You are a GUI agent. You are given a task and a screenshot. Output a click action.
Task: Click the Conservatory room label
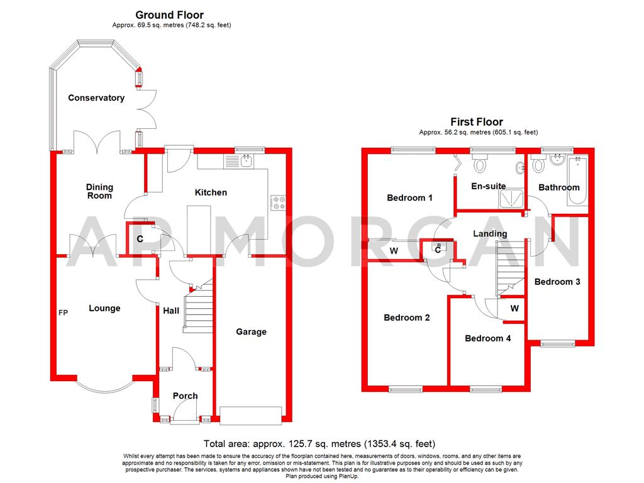(96, 98)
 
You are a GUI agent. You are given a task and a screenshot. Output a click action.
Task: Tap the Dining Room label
(99, 191)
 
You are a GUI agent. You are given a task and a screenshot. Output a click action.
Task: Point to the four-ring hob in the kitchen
(277, 203)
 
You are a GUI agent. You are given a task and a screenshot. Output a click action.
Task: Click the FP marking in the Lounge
(63, 312)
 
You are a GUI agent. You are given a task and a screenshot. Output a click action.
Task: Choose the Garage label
(251, 332)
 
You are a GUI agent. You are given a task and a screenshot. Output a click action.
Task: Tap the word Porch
(185, 396)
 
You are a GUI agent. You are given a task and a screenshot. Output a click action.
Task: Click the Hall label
(171, 311)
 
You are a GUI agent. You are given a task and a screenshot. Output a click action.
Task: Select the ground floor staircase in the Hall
(198, 309)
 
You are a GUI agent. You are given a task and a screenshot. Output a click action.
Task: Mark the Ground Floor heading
(170, 14)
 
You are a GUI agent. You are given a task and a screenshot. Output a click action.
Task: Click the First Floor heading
(476, 122)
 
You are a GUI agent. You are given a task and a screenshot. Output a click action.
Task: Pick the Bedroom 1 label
(409, 198)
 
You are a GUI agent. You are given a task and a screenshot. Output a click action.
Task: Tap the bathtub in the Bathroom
(577, 182)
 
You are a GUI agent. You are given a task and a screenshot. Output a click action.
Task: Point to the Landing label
(490, 233)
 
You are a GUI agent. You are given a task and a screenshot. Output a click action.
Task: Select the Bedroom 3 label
(557, 282)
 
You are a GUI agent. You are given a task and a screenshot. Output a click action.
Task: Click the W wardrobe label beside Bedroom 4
(514, 309)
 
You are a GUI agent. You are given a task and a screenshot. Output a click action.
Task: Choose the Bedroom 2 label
(407, 318)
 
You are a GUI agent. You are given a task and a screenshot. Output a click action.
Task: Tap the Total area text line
(319, 444)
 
